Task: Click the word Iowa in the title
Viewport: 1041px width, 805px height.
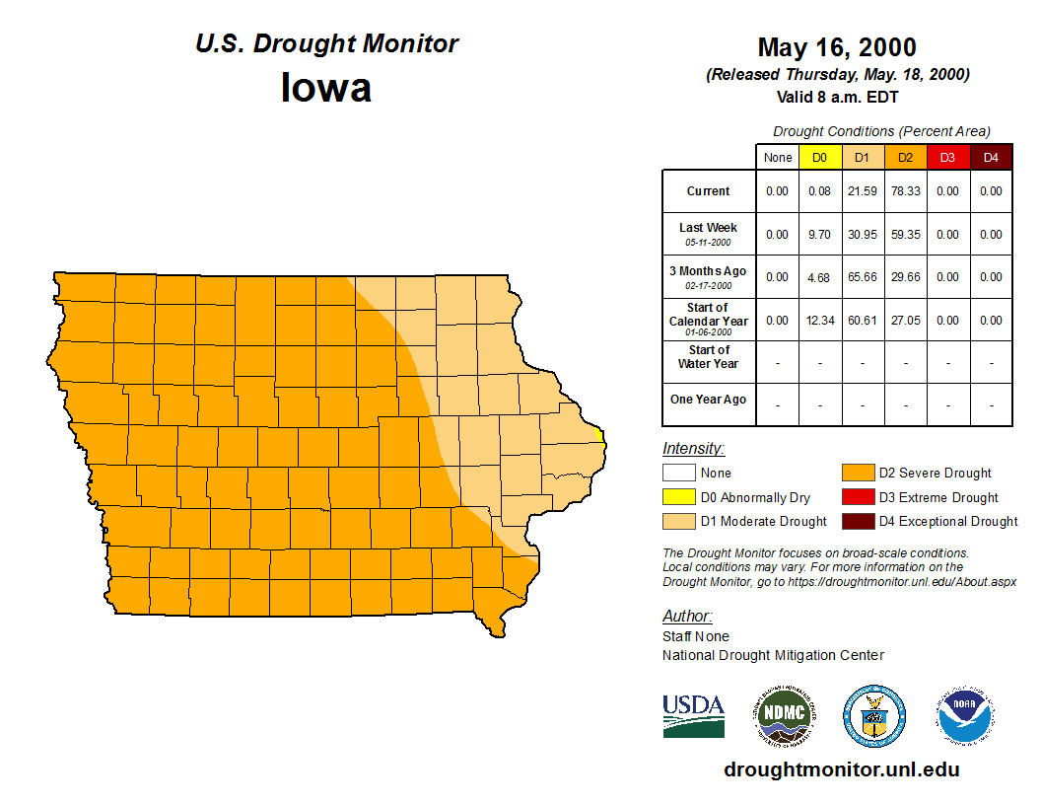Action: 326,88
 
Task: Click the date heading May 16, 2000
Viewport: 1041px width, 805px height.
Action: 837,47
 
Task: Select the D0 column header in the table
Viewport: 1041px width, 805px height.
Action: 819,158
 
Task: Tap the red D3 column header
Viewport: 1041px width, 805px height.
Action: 947,158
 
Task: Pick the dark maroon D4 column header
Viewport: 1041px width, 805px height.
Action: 991,158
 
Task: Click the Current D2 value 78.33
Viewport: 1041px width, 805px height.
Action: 905,191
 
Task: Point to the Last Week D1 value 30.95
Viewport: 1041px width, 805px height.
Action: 863,235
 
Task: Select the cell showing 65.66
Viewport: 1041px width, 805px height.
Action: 863,277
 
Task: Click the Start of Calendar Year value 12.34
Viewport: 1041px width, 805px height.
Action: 819,321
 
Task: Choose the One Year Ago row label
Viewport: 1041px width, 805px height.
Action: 708,400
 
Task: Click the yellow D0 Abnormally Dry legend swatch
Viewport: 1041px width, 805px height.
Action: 678,497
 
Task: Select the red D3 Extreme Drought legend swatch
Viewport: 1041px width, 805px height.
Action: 857,497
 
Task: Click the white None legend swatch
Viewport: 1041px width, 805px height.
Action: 678,474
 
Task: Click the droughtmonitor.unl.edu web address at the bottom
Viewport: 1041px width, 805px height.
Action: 841,769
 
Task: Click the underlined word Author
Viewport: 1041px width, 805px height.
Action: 686,617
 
